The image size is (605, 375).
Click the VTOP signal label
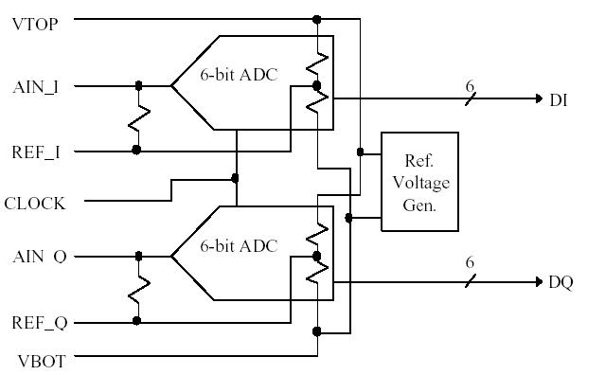[34, 23]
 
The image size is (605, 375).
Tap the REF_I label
[36, 152]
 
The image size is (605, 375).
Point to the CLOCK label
[35, 203]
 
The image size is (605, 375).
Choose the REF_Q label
[39, 323]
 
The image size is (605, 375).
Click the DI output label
[558, 98]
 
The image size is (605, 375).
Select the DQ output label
[560, 283]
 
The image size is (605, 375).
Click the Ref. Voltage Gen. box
[419, 182]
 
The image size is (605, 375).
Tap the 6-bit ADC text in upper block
[239, 74]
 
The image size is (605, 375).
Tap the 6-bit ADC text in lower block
[239, 245]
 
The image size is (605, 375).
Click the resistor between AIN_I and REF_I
[138, 117]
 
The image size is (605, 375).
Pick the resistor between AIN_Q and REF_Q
[138, 289]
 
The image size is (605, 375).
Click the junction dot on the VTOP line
[316, 19]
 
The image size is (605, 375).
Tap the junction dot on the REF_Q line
[137, 321]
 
